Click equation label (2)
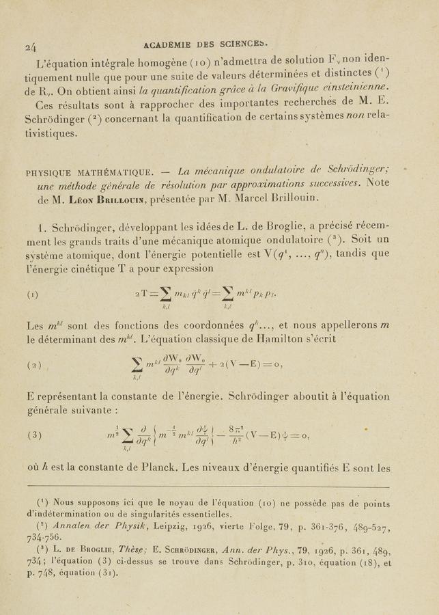(34, 364)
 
